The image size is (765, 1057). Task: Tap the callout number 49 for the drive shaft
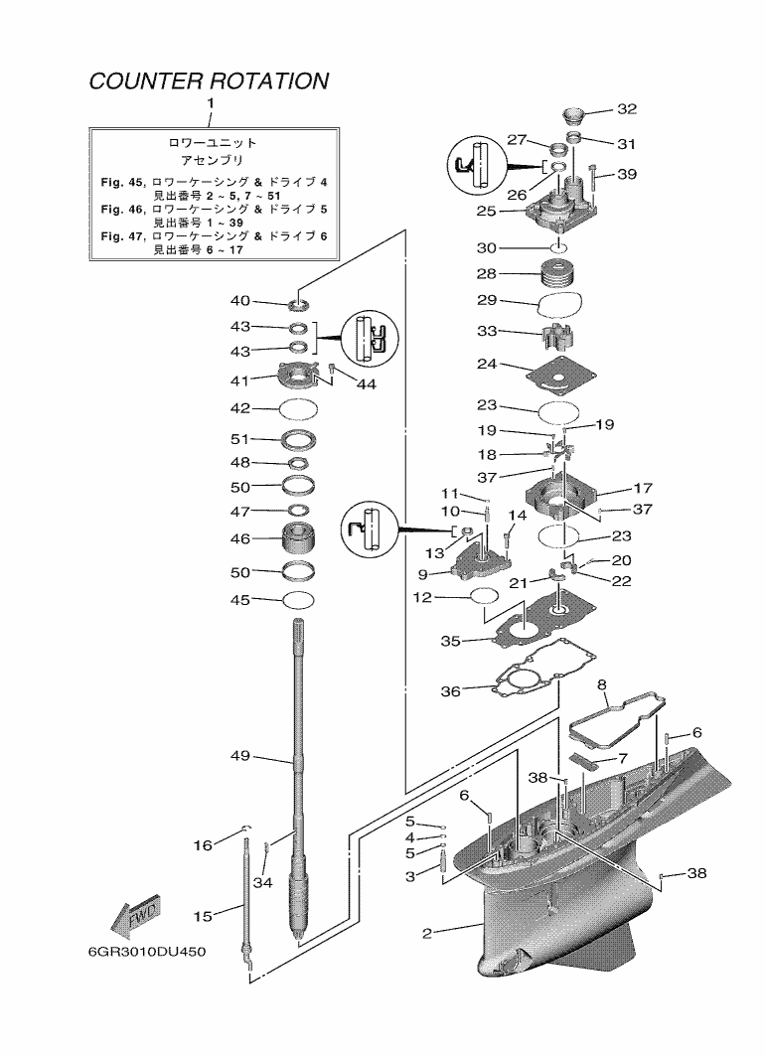point(239,757)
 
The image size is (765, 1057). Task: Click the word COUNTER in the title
point(138,81)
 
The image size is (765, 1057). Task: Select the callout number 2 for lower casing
point(427,934)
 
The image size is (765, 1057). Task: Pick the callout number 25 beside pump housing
point(487,212)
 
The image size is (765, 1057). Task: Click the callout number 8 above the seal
point(602,685)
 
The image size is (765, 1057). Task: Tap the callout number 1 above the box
point(210,103)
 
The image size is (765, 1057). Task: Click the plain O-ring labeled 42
point(299,407)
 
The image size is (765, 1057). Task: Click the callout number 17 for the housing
point(643,489)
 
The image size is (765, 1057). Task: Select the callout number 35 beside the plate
point(450,642)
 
